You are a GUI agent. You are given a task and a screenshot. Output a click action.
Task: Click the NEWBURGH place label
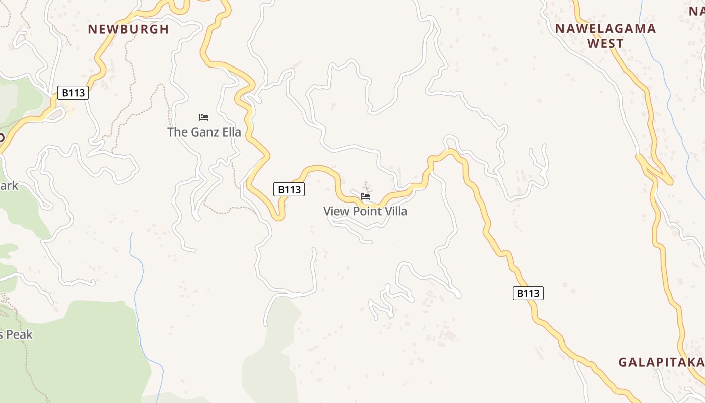pos(128,29)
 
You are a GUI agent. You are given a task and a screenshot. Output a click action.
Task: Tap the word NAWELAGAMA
pos(605,29)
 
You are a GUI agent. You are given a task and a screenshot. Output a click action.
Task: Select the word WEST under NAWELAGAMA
pos(605,44)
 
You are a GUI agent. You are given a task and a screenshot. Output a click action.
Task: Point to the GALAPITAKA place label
pos(661,362)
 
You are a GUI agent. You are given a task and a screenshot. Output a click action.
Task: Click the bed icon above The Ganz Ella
pos(203,117)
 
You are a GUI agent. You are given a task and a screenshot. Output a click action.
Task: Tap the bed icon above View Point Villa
pos(365,196)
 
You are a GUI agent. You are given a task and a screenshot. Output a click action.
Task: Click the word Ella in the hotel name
pos(231,132)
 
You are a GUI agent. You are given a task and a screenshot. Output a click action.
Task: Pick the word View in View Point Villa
pos(336,211)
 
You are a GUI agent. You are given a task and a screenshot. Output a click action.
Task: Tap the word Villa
pos(394,211)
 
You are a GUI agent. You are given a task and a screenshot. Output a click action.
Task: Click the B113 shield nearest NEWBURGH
pos(73,93)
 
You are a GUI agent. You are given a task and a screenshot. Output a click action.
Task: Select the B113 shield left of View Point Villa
pos(289,189)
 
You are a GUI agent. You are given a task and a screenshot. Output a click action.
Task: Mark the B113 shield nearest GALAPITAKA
pos(528,293)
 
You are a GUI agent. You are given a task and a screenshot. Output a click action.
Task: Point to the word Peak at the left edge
pos(19,334)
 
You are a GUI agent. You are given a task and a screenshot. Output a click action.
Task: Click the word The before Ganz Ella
pos(177,132)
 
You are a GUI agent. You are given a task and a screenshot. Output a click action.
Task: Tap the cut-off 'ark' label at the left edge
pos(9,186)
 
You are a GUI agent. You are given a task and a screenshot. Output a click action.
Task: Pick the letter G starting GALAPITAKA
pos(623,362)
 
